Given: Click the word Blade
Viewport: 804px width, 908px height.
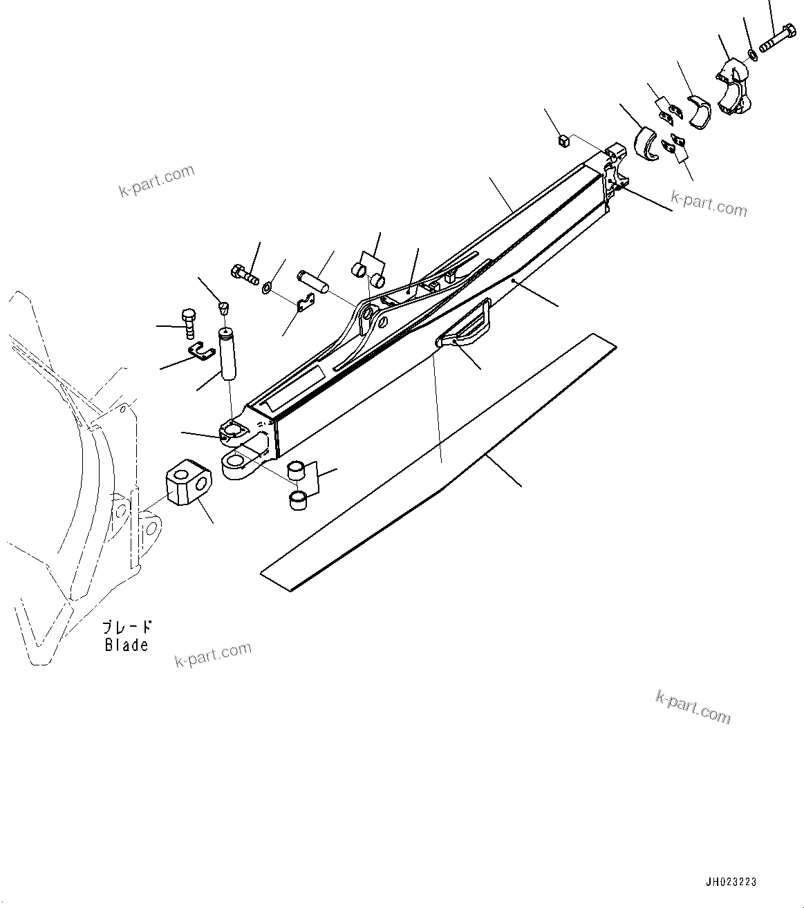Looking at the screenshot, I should (x=127, y=645).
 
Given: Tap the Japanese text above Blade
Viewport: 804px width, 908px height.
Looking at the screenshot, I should (x=127, y=627).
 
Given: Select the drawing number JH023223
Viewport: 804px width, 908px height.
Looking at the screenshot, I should (x=731, y=882).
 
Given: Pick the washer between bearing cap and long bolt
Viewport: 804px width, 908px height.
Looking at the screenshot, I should (x=753, y=54).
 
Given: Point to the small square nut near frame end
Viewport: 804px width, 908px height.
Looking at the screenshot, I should (x=563, y=141).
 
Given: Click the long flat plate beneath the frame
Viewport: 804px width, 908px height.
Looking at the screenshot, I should (x=437, y=463).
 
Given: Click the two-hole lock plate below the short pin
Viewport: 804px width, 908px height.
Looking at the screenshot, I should (x=303, y=303).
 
